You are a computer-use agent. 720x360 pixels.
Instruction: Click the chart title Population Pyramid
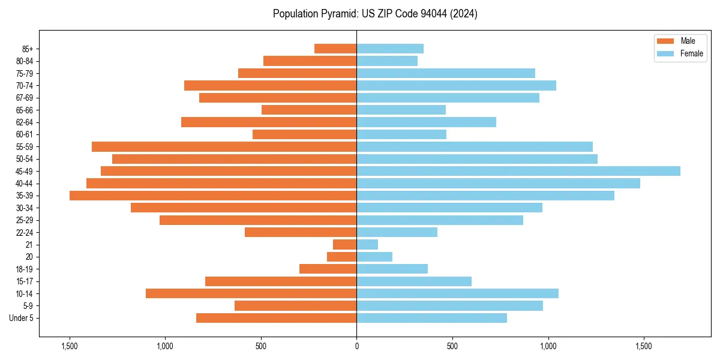click(375, 14)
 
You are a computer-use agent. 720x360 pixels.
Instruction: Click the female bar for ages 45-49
click(518, 171)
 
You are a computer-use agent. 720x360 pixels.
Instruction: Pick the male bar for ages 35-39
click(213, 196)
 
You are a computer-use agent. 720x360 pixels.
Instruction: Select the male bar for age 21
click(345, 244)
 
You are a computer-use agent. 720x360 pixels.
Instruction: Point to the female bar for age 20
click(374, 257)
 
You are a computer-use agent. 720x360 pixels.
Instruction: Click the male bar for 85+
click(335, 49)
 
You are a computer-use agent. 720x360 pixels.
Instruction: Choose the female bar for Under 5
click(431, 318)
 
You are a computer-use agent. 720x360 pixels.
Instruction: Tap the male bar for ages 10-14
click(251, 293)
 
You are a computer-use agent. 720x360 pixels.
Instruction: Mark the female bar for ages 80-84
click(387, 61)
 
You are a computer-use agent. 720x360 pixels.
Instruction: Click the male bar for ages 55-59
click(224, 146)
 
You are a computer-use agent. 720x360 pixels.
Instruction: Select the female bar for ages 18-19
click(392, 269)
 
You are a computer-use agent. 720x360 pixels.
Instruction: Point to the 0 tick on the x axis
click(356, 346)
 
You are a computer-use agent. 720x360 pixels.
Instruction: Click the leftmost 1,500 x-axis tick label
click(70, 346)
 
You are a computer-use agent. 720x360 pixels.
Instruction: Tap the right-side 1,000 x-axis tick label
click(548, 346)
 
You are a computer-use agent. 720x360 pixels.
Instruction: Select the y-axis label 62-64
click(25, 122)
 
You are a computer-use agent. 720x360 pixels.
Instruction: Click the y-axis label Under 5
click(22, 318)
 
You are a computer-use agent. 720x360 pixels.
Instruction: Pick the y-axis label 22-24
click(25, 232)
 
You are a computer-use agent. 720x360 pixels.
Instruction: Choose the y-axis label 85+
click(28, 49)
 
